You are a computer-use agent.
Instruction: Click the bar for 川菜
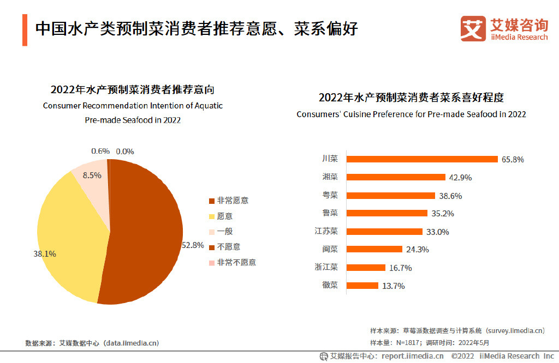click(423, 159)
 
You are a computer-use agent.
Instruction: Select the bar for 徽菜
click(362, 286)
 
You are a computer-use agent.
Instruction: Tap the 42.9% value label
click(460, 178)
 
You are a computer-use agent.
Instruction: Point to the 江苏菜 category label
click(326, 231)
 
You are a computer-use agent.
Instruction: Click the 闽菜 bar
click(374, 249)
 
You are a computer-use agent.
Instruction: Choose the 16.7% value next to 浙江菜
click(401, 268)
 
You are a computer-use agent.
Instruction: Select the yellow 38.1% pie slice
click(71, 234)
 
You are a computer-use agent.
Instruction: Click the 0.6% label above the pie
click(100, 151)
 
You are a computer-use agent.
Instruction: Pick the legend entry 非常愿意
click(232, 201)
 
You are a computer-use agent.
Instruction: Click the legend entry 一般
click(224, 232)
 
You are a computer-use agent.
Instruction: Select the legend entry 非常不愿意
click(236, 262)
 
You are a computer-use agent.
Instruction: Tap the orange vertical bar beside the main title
click(25, 30)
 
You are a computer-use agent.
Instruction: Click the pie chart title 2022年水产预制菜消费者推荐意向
click(133, 89)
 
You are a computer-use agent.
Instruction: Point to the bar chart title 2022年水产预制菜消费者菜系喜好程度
click(411, 98)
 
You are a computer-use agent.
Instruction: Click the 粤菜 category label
click(330, 195)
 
